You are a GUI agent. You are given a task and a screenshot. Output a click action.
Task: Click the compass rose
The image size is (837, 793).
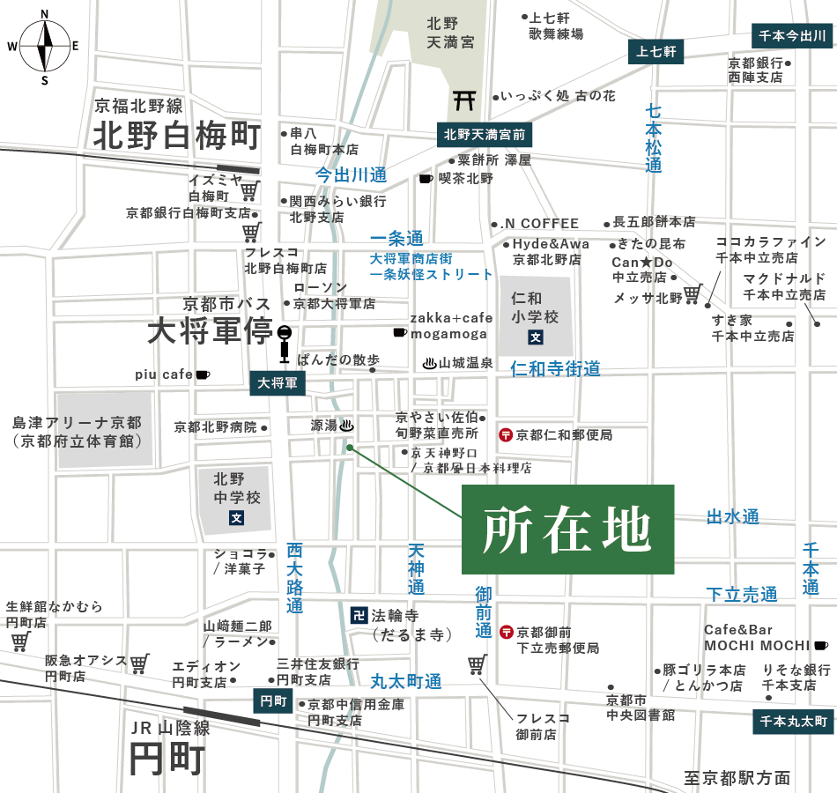(44, 45)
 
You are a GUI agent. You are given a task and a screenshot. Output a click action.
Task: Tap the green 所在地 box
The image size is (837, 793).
(567, 530)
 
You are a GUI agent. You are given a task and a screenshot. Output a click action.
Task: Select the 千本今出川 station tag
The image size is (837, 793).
(792, 36)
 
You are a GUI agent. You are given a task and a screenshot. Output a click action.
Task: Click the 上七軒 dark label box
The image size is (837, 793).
(656, 52)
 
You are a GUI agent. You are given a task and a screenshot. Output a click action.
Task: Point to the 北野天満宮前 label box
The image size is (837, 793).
(484, 135)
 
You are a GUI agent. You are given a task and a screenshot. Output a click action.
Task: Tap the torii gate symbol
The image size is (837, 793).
(464, 100)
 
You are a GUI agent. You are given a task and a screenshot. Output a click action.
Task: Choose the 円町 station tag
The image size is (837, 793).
(270, 700)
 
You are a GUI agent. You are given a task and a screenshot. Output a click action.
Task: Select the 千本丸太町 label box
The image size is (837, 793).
(793, 722)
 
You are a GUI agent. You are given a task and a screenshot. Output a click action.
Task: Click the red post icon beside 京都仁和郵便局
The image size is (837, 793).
(506, 434)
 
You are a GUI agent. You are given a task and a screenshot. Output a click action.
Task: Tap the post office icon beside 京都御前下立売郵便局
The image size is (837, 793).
(506, 632)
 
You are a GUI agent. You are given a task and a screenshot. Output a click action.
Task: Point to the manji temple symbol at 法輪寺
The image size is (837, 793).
(359, 613)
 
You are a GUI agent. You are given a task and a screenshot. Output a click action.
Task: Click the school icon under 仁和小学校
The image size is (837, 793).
(534, 337)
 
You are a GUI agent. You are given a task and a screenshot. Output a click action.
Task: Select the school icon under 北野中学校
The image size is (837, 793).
(236, 518)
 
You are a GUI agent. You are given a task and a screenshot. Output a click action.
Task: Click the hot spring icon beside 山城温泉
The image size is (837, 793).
(429, 362)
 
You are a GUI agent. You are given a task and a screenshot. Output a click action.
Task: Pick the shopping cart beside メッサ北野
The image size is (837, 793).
(693, 293)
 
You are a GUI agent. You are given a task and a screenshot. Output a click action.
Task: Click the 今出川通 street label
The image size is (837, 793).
(352, 174)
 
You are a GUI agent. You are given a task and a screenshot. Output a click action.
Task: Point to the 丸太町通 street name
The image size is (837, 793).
(405, 680)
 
